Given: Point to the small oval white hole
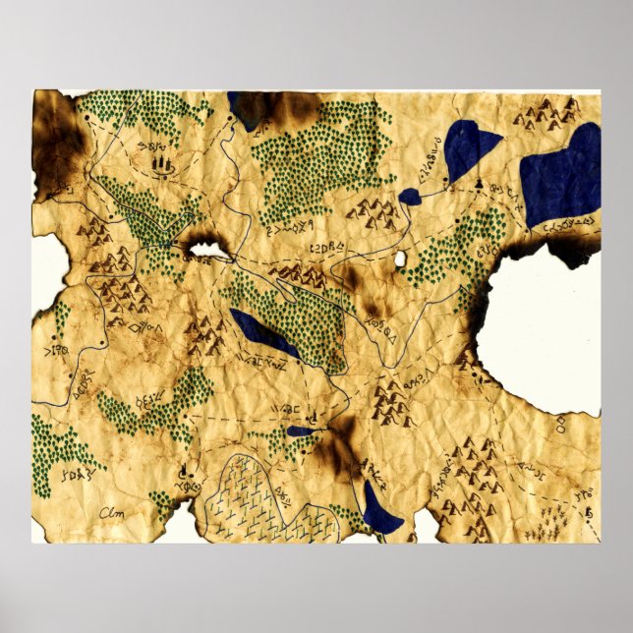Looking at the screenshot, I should click(400, 260).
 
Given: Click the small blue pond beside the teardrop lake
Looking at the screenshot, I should click(410, 198).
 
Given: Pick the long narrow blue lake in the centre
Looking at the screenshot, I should click(262, 334).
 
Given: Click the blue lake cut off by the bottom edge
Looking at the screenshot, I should click(379, 510).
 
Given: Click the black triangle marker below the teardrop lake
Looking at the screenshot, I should click(478, 184).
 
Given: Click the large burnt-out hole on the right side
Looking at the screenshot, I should click(539, 324).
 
